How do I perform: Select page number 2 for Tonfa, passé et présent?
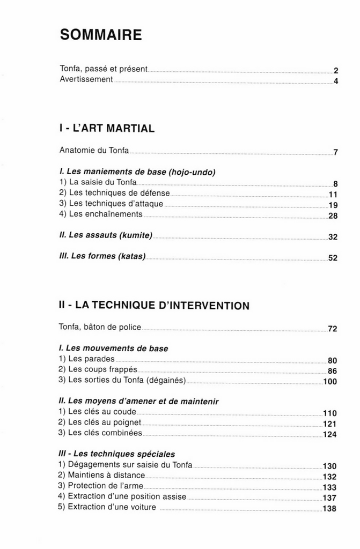point(335,70)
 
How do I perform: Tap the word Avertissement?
point(86,79)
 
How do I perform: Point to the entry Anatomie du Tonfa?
point(94,151)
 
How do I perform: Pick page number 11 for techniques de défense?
point(332,194)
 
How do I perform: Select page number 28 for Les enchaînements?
point(332,216)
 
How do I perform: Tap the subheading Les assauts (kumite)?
point(106,235)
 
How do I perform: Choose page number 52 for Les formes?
point(332,258)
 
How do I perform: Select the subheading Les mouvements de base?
point(113,348)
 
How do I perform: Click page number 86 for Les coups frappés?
point(332,371)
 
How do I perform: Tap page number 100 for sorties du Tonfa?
point(330,382)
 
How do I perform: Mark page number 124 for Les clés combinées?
point(330,434)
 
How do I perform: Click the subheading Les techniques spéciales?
point(116,454)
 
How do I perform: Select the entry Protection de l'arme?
point(100,486)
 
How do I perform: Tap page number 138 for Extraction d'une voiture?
point(330,508)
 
